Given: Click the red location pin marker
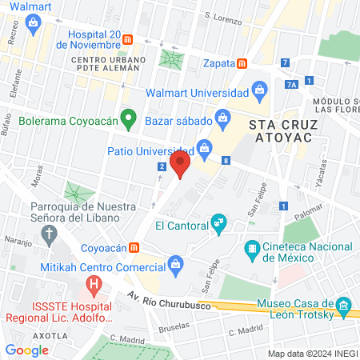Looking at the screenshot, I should coord(180,166).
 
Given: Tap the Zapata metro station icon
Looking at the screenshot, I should coord(242,64).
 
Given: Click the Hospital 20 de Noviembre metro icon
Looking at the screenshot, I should coord(139,39).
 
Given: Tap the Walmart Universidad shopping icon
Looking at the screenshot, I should coord(260,89).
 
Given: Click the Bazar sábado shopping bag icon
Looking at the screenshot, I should coord(223,120).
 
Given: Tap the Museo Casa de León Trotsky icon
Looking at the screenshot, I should coord(345,304).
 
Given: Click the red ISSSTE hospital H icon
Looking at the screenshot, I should coord(94,283).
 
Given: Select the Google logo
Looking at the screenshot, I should coord(27,350).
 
